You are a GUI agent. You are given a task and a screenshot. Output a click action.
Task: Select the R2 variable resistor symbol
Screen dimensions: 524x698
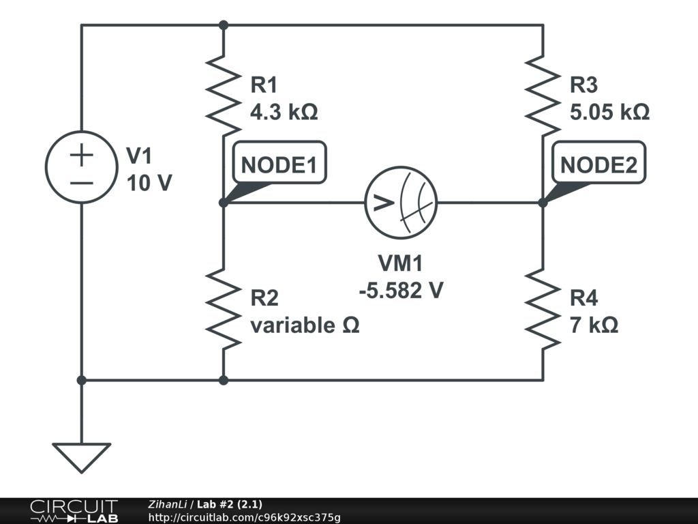click(x=223, y=308)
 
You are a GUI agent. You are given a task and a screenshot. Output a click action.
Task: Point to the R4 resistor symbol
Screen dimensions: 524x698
click(x=543, y=308)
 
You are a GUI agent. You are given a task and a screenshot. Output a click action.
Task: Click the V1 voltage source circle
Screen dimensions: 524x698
click(x=81, y=167)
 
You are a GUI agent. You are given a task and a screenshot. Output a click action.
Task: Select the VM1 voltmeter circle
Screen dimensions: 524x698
click(x=401, y=203)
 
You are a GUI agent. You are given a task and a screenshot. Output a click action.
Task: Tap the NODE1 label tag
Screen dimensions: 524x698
click(x=279, y=164)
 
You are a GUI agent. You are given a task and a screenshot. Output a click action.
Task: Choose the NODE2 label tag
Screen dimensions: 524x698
click(x=598, y=164)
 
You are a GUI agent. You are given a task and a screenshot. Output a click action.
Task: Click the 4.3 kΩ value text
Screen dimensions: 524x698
click(x=284, y=111)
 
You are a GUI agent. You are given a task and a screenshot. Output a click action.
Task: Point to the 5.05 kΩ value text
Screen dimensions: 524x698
click(x=609, y=111)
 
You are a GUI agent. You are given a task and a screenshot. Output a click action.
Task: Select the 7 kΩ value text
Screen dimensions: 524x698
click(x=594, y=325)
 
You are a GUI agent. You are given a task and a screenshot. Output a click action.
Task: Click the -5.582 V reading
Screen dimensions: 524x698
click(x=401, y=290)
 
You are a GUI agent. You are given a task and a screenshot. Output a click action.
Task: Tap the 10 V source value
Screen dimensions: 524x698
click(x=149, y=183)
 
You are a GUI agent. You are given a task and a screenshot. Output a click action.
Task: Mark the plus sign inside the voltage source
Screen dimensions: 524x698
click(x=81, y=156)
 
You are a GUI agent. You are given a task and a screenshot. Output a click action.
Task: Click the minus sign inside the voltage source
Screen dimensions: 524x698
click(x=81, y=183)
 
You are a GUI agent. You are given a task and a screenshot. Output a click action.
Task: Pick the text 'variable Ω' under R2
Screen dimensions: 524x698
click(x=305, y=325)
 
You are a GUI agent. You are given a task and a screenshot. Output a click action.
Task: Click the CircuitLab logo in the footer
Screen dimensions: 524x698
click(x=74, y=511)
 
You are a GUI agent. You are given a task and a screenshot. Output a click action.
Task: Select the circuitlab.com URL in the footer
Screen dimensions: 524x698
click(x=244, y=517)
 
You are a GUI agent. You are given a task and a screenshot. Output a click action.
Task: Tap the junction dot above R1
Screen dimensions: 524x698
click(x=223, y=25)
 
